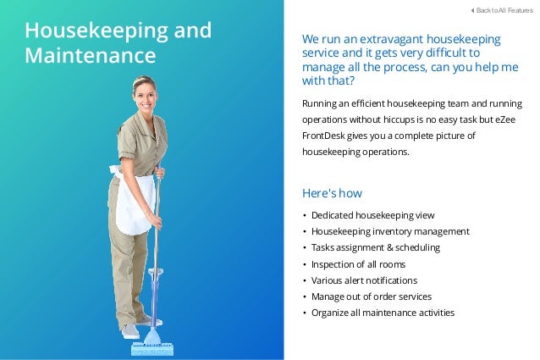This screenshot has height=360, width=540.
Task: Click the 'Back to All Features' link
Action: point(503,10)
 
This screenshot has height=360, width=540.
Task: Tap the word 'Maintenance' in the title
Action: point(90,56)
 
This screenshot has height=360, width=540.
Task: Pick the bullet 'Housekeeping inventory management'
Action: point(390,231)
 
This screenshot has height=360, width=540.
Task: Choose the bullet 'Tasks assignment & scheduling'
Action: point(375,247)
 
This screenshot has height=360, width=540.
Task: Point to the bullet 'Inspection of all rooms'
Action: point(360,264)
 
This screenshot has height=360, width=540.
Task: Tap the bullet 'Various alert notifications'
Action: point(364,280)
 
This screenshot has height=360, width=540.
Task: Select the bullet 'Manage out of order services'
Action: point(371,296)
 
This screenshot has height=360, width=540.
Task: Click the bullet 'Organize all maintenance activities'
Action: point(383,313)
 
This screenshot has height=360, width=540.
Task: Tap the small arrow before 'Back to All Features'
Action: point(471,10)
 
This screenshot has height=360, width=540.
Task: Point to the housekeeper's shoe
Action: point(129,331)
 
